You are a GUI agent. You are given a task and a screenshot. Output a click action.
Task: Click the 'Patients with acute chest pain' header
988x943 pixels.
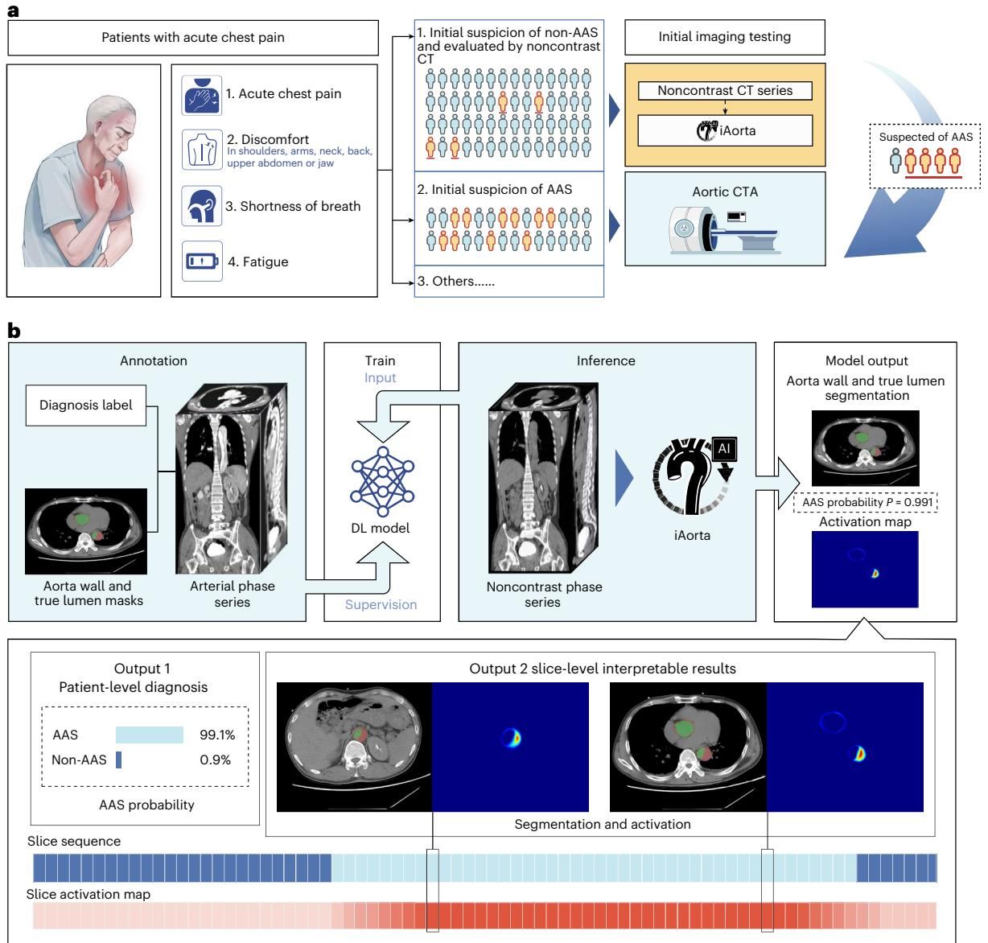click(193, 37)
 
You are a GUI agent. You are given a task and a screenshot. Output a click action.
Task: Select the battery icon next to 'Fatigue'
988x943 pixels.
click(201, 261)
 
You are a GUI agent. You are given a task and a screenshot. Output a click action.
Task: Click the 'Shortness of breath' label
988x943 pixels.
click(293, 206)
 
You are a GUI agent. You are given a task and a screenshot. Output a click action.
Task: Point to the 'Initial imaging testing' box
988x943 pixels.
click(724, 37)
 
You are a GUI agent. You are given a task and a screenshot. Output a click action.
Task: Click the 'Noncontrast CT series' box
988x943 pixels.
click(724, 91)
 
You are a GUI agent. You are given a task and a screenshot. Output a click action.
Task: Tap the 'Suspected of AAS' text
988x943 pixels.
click(925, 137)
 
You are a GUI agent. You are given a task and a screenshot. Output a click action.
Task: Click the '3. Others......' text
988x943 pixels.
click(455, 282)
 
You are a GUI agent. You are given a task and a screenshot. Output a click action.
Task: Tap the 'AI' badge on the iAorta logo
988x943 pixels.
click(724, 448)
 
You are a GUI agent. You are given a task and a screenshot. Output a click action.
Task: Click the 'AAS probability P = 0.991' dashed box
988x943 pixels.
click(865, 503)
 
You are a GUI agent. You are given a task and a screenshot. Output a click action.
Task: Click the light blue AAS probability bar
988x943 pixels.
click(150, 735)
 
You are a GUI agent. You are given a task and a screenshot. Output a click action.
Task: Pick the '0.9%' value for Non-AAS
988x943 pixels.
click(216, 760)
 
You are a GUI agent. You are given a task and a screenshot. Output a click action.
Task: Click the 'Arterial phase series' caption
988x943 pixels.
click(233, 594)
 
